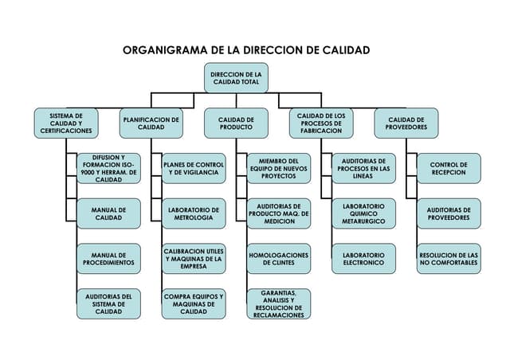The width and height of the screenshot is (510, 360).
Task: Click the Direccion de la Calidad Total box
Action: click(236, 78)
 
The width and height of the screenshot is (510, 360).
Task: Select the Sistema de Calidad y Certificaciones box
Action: click(66, 123)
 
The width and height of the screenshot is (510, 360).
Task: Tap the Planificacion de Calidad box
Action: click(151, 123)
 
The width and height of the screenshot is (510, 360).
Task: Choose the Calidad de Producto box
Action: click(236, 123)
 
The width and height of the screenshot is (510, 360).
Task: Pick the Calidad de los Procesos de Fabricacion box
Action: click(321, 123)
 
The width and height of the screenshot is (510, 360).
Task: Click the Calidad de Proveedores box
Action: click(406, 123)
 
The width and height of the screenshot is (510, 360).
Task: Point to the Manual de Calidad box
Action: click(108, 213)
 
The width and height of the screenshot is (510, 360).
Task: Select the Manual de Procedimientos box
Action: click(108, 258)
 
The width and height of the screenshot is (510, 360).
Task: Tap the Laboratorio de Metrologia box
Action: click(194, 213)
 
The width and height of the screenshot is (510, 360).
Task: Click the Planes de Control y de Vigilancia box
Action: click(194, 169)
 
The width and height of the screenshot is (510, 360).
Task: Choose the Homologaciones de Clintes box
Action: click(278, 258)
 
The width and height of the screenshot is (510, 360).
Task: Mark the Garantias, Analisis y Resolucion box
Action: click(278, 304)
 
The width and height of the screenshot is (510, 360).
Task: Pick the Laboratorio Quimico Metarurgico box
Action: click(363, 213)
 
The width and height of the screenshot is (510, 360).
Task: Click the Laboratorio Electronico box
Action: click(363, 258)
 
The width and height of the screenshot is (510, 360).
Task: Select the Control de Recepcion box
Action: click(449, 169)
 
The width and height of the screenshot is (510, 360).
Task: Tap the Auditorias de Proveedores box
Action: click(449, 213)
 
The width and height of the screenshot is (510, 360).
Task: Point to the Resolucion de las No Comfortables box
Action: click(449, 258)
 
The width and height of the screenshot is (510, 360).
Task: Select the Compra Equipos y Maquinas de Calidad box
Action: click(194, 304)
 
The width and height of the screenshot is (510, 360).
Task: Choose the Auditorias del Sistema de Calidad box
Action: click(108, 304)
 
